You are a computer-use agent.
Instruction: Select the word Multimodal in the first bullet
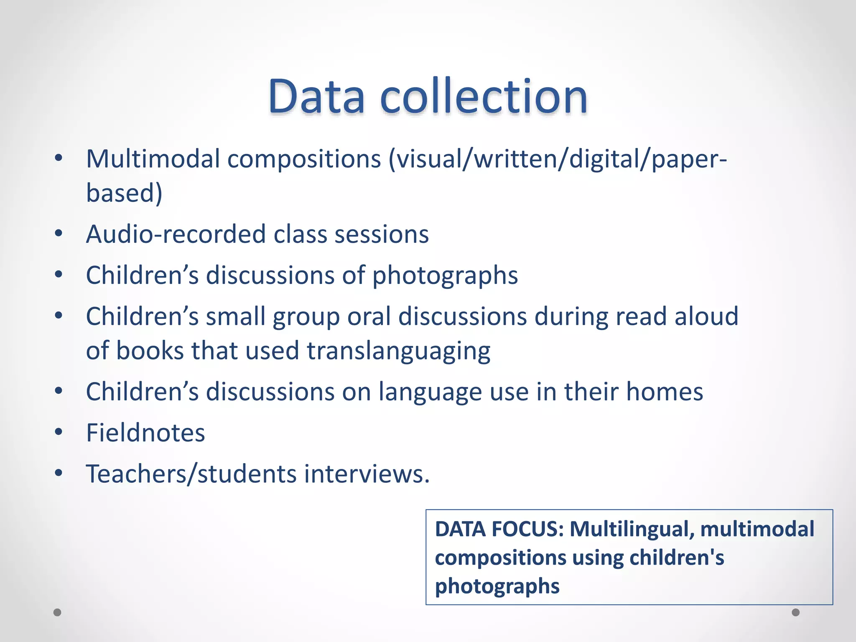[153, 159]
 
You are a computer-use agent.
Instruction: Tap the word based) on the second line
[124, 193]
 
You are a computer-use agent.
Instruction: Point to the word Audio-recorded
[176, 234]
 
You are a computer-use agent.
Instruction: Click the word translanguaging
[398, 351]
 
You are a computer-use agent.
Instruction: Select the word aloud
[706, 316]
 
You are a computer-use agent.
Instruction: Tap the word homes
[665, 392]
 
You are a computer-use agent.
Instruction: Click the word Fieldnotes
[145, 433]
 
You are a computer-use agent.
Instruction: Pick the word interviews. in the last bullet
[367, 474]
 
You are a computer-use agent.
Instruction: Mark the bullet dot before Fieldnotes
[59, 432]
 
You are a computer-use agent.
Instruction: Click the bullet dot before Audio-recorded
[59, 233]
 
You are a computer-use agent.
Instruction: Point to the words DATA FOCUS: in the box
[499, 529]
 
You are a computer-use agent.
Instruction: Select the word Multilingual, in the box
[632, 529]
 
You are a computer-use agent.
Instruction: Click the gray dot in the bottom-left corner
[58, 612]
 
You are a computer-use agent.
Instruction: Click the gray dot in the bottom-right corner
[796, 612]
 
